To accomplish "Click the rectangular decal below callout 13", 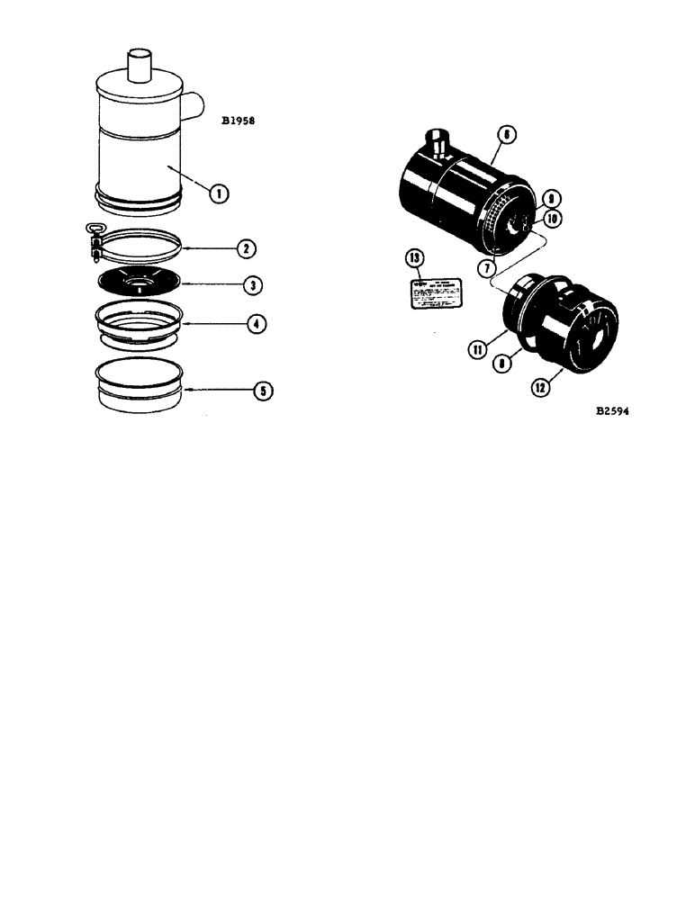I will coord(436,292).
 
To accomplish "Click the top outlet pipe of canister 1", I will coord(140,66).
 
